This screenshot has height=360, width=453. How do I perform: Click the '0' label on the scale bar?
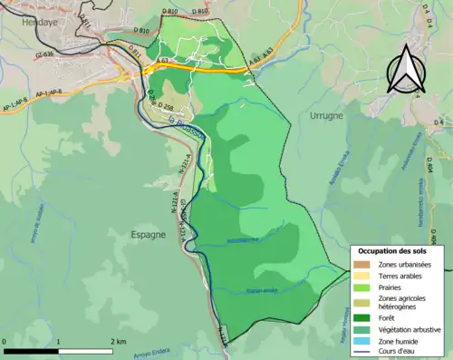click(x=5, y=341)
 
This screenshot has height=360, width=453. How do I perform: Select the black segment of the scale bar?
click(x=32, y=350)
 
